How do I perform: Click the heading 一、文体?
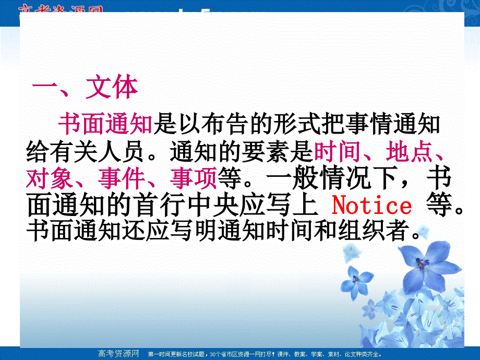click(x=85, y=89)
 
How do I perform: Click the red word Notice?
click(x=371, y=206)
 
